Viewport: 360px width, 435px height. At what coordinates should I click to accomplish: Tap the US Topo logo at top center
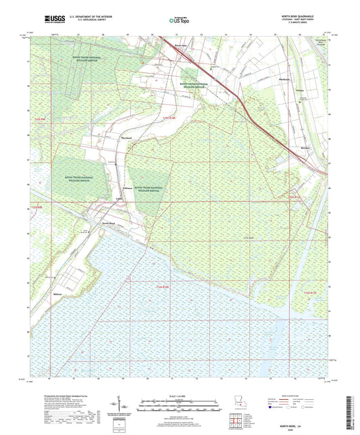179,20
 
